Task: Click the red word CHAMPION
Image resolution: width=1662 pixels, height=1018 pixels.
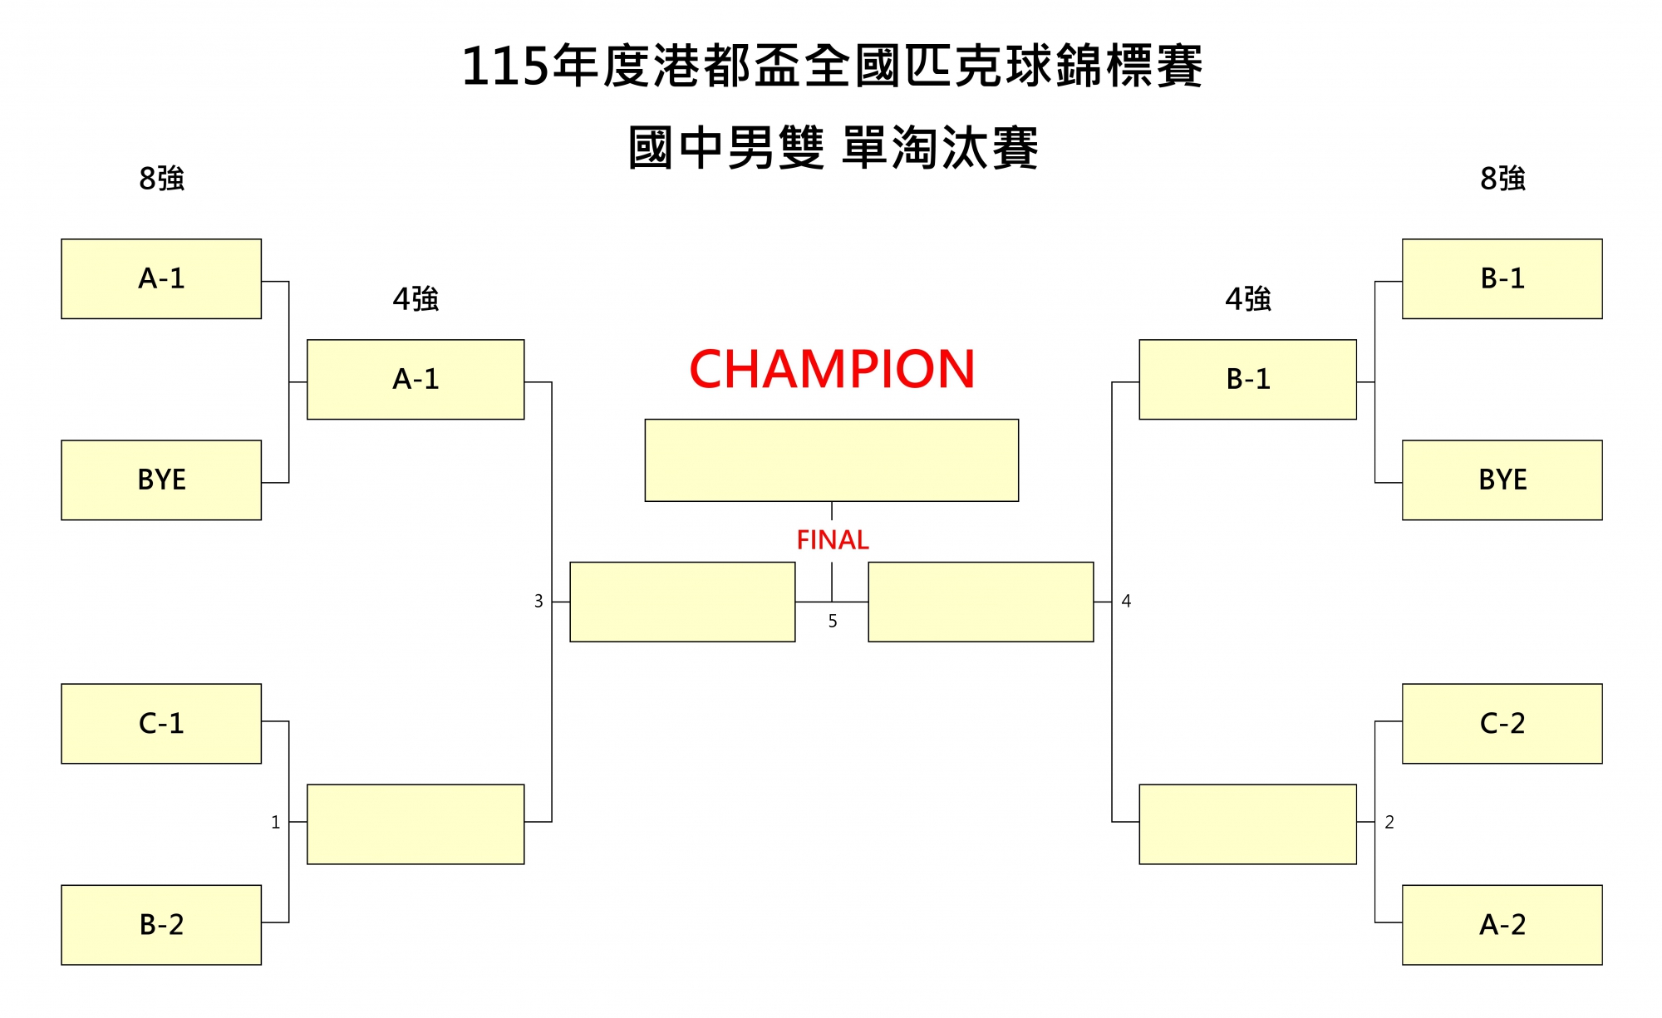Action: click(832, 370)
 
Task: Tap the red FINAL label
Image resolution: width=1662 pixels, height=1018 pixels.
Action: click(832, 540)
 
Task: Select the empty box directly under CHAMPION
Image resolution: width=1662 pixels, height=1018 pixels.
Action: click(832, 460)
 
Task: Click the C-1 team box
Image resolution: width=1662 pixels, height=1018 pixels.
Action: click(161, 724)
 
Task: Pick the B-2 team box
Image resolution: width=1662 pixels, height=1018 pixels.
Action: click(161, 925)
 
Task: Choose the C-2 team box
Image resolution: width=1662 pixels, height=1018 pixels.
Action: click(1502, 724)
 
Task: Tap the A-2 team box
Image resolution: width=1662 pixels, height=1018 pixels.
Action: click(1502, 925)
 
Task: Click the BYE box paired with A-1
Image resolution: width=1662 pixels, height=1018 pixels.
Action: click(161, 480)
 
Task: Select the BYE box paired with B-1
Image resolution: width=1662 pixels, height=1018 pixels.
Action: click(1502, 480)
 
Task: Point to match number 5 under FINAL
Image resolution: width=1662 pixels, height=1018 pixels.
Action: click(833, 622)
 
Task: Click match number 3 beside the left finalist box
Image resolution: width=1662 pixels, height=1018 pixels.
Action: click(538, 601)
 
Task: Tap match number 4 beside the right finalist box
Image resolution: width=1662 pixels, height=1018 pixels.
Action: click(1126, 601)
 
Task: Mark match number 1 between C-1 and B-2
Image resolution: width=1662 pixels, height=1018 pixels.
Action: click(276, 823)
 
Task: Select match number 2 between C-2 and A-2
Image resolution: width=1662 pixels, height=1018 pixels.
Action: click(1389, 823)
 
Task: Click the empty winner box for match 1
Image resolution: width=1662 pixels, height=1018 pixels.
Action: click(415, 824)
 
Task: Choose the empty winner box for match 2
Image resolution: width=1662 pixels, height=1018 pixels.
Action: click(1247, 824)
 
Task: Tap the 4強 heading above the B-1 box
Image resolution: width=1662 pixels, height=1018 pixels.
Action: click(1247, 299)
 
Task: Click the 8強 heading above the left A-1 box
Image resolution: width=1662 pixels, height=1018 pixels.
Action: click(161, 179)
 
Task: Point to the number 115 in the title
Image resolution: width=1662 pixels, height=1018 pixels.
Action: click(504, 66)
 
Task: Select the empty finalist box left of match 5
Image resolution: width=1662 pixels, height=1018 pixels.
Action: click(682, 602)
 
